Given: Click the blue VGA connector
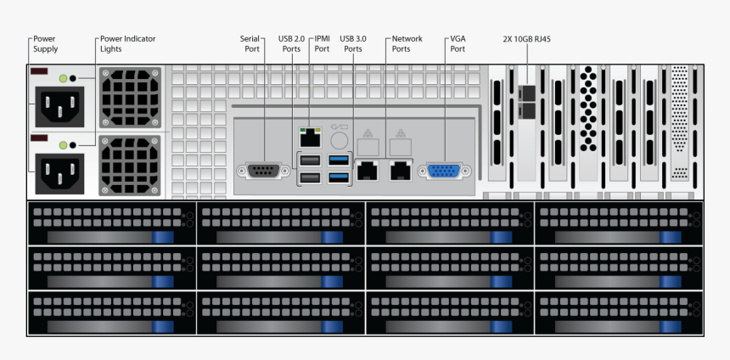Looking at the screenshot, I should click(442, 171).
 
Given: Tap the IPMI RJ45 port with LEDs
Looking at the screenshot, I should click(309, 135).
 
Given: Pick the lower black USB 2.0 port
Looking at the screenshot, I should click(309, 177).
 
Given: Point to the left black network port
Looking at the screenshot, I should click(368, 170).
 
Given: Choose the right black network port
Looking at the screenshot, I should click(399, 170).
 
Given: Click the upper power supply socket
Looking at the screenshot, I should click(58, 110).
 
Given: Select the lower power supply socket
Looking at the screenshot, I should click(58, 172).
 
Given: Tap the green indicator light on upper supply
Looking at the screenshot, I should click(63, 79).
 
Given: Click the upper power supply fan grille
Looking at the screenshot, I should click(128, 96).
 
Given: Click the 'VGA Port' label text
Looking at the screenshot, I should click(458, 43).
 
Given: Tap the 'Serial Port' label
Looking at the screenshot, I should click(250, 43).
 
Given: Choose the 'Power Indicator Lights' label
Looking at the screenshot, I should click(127, 43).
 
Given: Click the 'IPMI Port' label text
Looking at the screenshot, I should click(322, 43).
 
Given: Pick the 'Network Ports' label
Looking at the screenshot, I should click(407, 43).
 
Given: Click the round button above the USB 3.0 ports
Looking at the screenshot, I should click(339, 138).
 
